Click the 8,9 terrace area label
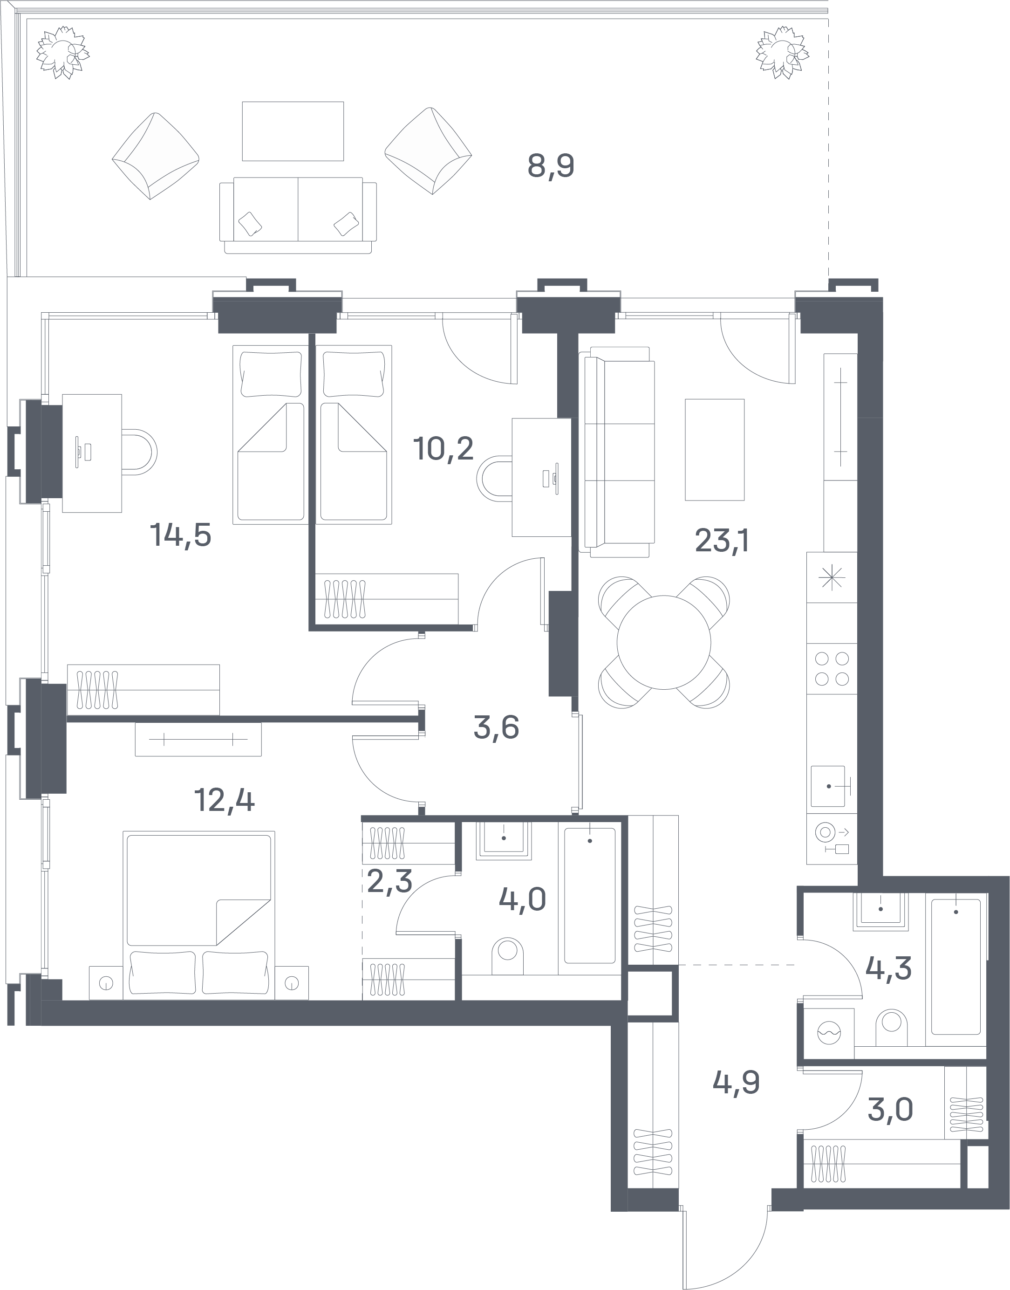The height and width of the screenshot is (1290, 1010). point(551,166)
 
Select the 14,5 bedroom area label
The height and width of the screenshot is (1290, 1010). point(180,535)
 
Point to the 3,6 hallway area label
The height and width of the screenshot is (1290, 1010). point(496,727)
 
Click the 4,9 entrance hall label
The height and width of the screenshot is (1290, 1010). point(736,1083)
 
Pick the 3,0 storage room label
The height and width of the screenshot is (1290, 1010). point(890,1110)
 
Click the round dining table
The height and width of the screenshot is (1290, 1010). point(663,642)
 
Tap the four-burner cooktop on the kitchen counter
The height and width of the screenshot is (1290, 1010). point(832,668)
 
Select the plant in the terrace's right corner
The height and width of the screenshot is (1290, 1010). point(782,52)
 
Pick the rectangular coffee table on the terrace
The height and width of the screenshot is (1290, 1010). point(293,130)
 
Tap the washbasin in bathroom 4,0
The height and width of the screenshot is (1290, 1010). point(504,839)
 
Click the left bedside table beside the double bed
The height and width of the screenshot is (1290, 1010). point(106,983)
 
